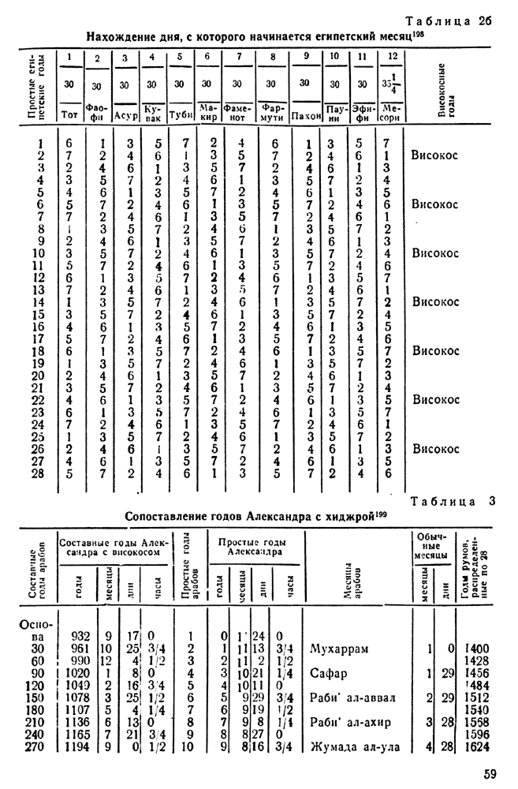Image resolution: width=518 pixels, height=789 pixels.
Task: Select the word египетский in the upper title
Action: click(311, 36)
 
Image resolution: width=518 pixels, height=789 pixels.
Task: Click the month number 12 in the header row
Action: click(392, 57)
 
